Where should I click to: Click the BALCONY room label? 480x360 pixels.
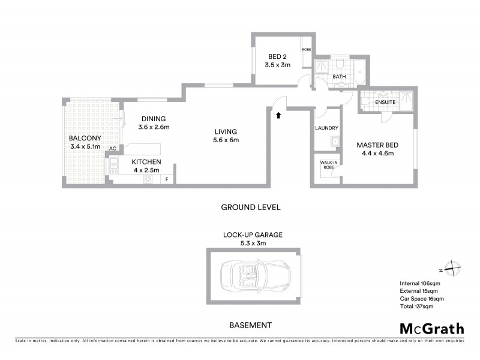(x=85, y=137)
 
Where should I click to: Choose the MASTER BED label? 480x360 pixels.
(x=378, y=145)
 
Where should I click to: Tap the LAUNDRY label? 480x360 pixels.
(x=327, y=128)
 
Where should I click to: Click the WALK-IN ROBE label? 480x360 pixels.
(x=328, y=165)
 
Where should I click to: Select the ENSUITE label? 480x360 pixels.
(x=385, y=103)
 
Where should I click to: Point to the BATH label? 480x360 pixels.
(x=340, y=77)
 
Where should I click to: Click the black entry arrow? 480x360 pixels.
(x=278, y=114)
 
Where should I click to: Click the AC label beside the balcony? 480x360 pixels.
(x=112, y=148)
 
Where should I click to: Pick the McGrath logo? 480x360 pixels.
(x=431, y=328)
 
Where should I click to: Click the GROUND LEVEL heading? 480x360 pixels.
(x=251, y=207)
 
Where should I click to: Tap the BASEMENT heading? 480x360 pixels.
(x=251, y=325)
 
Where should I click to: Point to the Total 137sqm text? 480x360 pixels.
(x=416, y=306)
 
